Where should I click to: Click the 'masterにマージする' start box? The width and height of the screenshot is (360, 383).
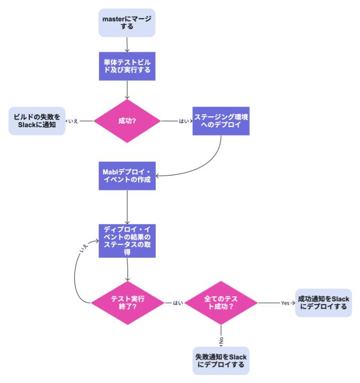[x=127, y=23]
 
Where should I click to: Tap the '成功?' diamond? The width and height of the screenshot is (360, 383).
[x=127, y=121]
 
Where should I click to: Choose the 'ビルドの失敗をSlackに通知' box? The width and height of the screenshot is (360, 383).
[x=37, y=121]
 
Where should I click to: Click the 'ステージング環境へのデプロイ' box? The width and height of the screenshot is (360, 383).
[x=220, y=121]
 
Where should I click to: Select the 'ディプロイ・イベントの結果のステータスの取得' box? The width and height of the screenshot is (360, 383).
[x=127, y=240]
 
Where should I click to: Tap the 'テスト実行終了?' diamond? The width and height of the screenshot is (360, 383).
[x=127, y=303]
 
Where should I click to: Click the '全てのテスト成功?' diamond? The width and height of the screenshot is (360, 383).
[x=220, y=303]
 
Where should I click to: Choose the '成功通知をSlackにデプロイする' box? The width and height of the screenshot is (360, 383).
[x=323, y=303]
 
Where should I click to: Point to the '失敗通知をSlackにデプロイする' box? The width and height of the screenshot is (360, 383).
[x=220, y=360]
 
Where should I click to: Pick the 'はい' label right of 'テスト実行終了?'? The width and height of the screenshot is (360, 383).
[x=177, y=303]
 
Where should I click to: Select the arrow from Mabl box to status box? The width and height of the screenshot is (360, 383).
[x=127, y=206]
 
